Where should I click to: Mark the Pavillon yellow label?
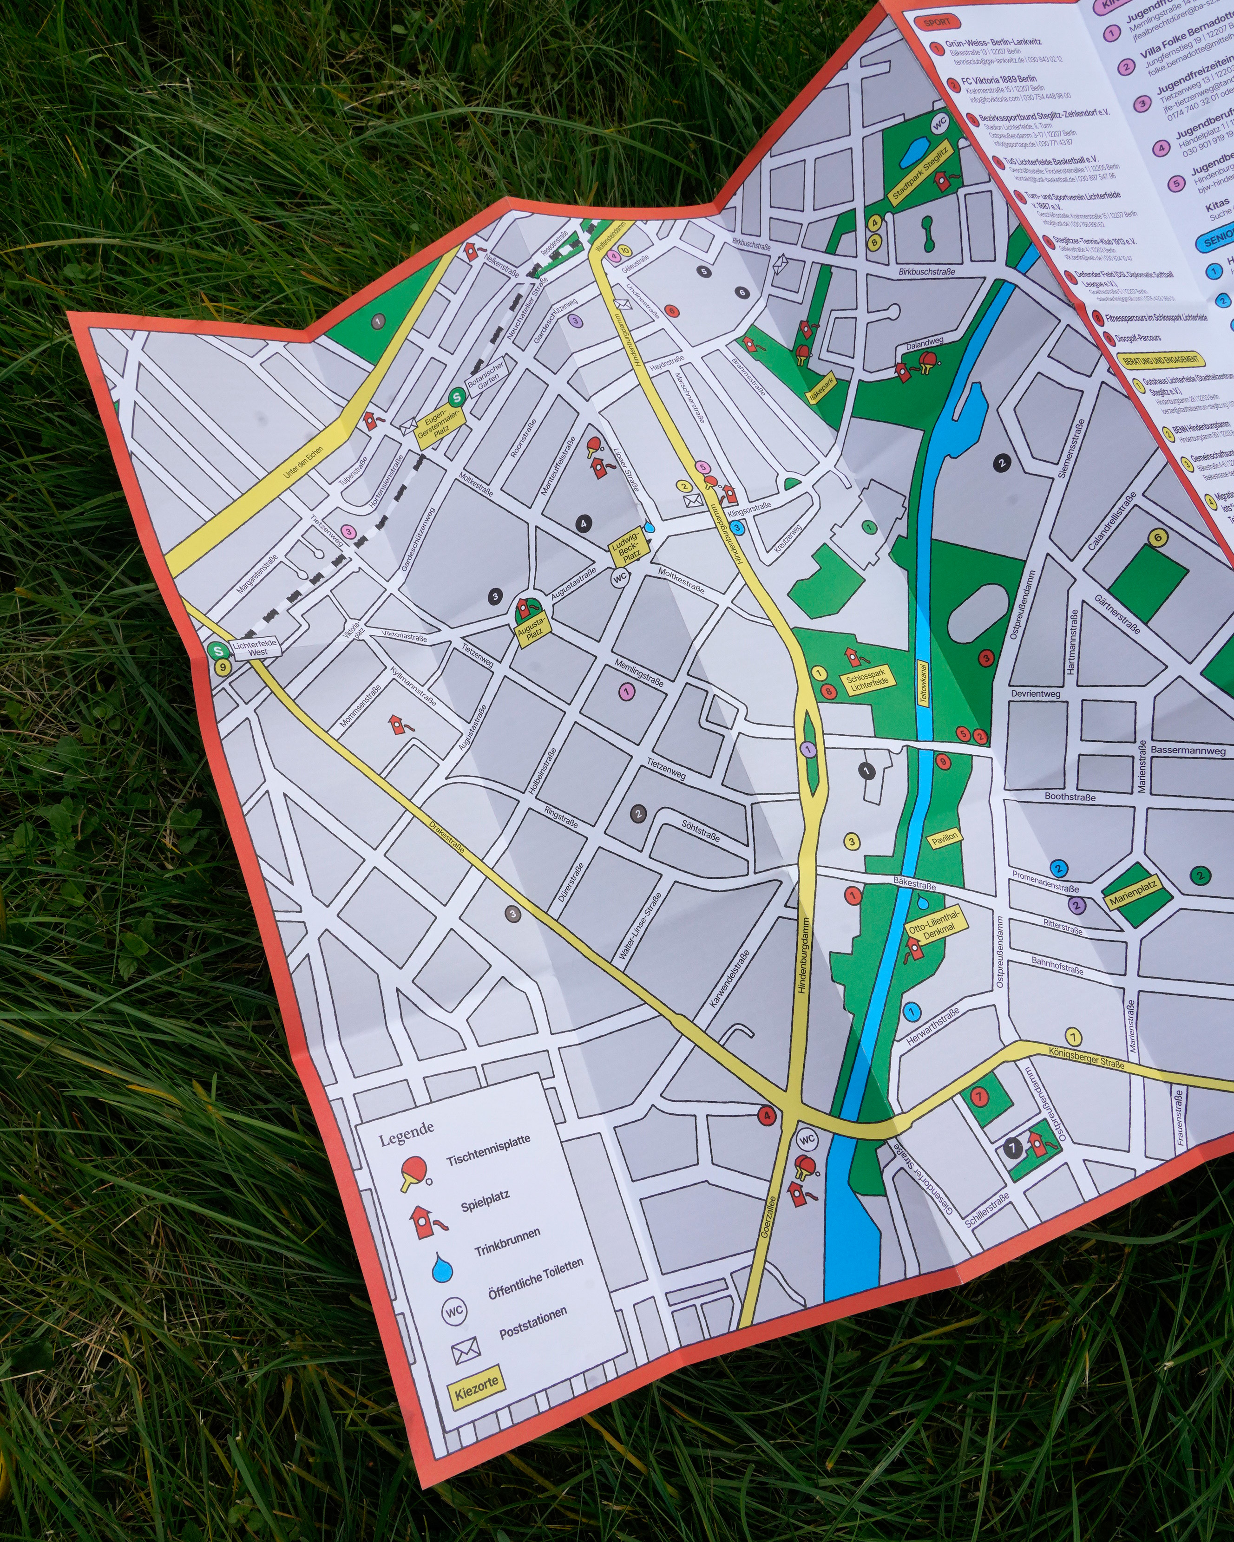coord(945,839)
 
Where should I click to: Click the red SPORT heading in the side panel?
coord(936,23)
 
